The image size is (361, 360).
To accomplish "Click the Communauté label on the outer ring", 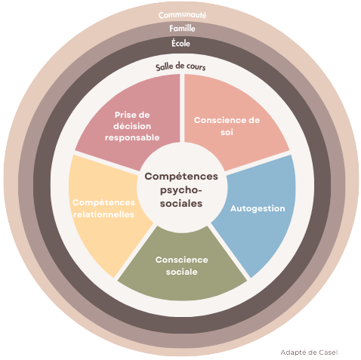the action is coord(182,15).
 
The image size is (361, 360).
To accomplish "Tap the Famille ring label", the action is coord(182,29).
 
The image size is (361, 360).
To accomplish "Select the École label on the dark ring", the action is coord(180,43).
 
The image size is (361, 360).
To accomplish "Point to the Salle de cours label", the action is coord(180,66).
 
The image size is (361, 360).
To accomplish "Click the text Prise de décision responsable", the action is coord(132,126).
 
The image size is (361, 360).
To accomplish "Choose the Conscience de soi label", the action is coord(227,126).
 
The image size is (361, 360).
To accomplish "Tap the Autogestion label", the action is coord(258,208).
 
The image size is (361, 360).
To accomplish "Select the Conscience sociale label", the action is coord(182,266).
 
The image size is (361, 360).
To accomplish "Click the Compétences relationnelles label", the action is coord(103,208).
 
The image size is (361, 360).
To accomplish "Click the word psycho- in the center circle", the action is coord(181,190).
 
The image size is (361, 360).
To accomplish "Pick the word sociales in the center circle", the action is coord(181,203).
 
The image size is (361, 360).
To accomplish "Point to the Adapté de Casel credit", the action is coord(309,352).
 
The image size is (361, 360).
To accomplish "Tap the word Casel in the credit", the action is coord(328,352).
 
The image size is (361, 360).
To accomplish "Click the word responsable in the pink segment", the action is coord(132,137).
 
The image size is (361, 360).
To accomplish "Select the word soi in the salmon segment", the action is coord(227,132).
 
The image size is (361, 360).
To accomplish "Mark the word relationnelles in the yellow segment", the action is coord(103,214).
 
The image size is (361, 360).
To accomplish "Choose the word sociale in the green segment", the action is coord(182,272).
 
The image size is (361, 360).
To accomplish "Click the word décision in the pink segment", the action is coord(132,126).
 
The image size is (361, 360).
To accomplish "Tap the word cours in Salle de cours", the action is coord(196,67).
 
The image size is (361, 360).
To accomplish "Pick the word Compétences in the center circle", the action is coord(181,177).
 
